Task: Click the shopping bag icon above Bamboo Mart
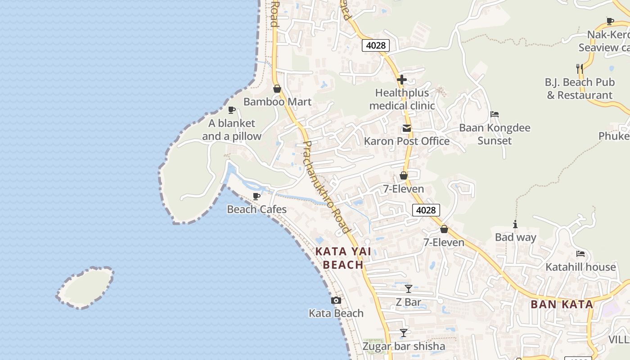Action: (277, 89)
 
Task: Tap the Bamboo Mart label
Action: (277, 102)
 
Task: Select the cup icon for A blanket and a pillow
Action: (232, 110)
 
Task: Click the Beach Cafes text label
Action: (256, 209)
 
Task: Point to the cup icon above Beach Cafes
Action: (256, 196)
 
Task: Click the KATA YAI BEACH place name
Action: (343, 258)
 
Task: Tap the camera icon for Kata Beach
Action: (336, 301)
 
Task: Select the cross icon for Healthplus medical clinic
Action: (402, 80)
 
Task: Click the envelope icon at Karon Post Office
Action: (407, 128)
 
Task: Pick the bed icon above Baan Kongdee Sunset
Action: (495, 114)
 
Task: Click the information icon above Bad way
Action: (515, 224)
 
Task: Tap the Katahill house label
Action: (580, 267)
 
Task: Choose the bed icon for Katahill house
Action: (580, 254)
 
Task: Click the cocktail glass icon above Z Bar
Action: (408, 289)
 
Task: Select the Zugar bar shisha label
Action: (404, 346)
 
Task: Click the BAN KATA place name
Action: (562, 304)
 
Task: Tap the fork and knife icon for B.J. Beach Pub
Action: (580, 69)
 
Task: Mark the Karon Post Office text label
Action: (406, 141)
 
